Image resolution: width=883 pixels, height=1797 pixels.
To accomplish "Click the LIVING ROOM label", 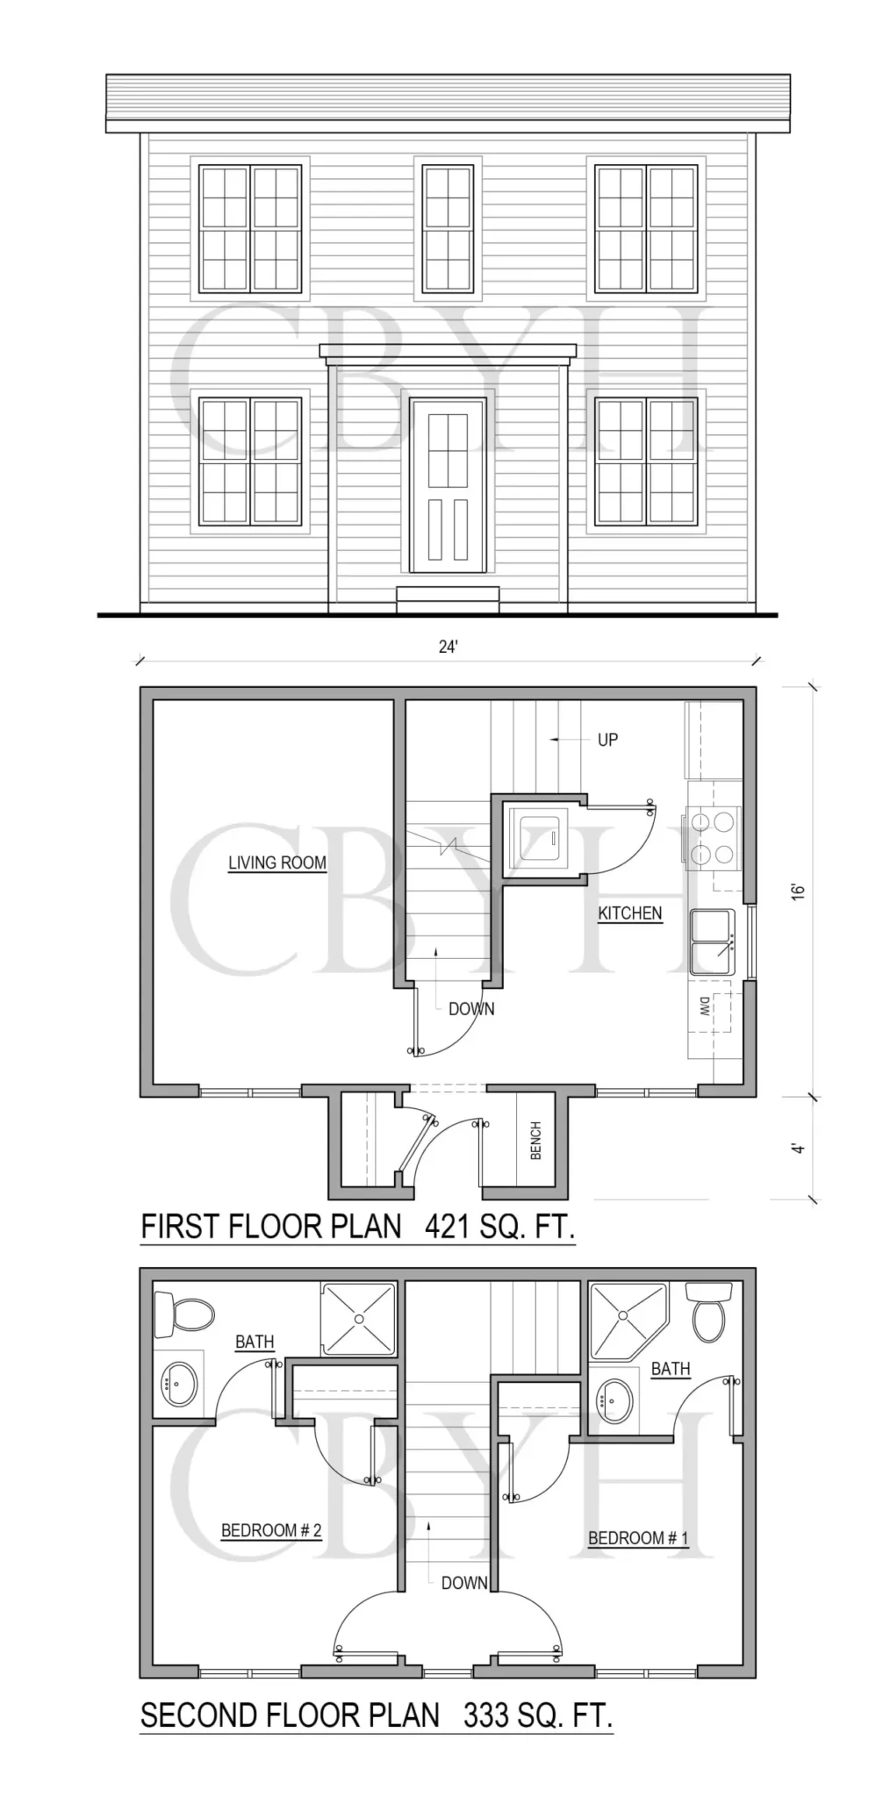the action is [277, 863].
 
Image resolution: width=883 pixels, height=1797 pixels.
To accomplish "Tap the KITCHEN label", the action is [630, 913].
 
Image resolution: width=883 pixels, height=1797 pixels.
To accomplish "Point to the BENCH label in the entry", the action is [536, 1141].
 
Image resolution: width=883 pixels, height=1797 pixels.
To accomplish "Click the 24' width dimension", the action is [449, 647].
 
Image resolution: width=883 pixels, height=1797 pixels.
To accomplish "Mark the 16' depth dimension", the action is [798, 891].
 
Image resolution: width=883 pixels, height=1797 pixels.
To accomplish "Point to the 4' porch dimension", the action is [798, 1148].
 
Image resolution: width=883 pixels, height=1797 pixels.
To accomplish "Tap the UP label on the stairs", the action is [607, 740].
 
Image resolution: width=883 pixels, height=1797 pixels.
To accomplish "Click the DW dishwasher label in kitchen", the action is [705, 1006].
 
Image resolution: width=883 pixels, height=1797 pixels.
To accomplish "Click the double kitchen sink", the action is [712, 941].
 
